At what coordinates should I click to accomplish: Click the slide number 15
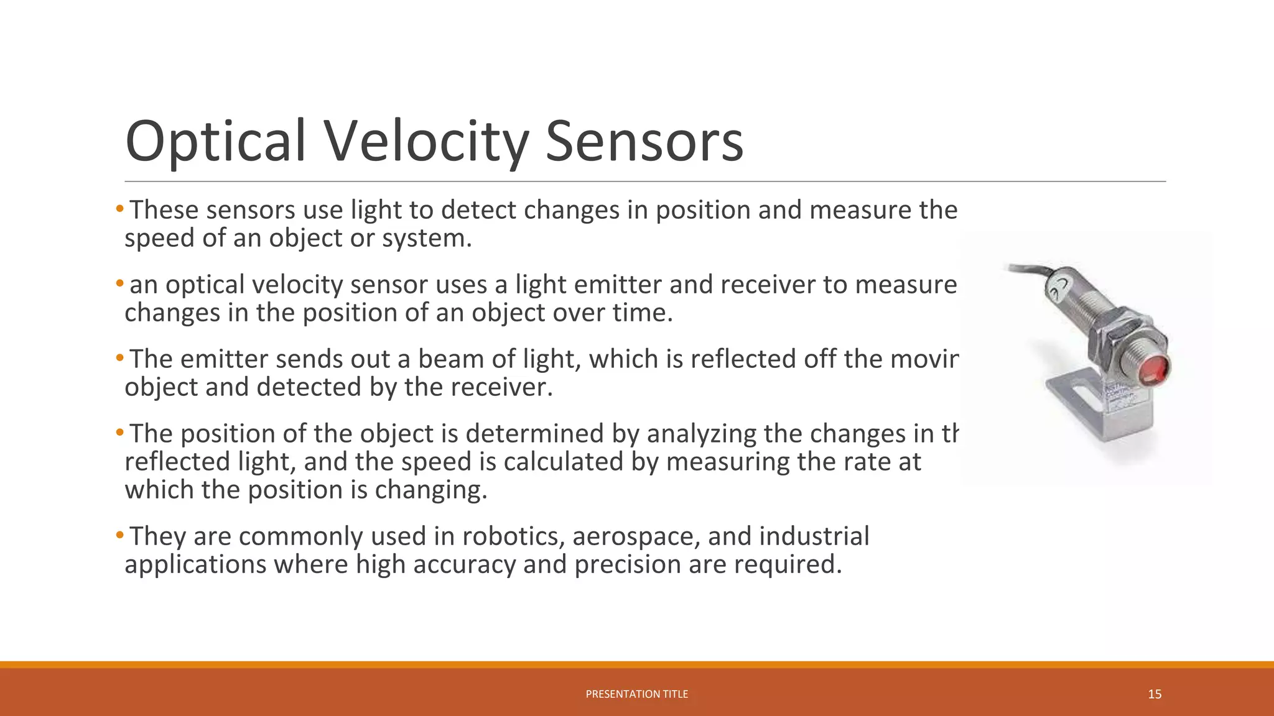click(x=1155, y=694)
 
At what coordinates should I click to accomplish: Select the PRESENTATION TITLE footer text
click(x=636, y=694)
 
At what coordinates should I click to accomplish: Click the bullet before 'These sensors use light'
click(x=119, y=209)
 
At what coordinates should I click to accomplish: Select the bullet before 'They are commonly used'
click(x=119, y=536)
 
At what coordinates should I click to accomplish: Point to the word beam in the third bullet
click(x=445, y=359)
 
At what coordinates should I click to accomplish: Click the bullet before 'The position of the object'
click(x=119, y=433)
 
